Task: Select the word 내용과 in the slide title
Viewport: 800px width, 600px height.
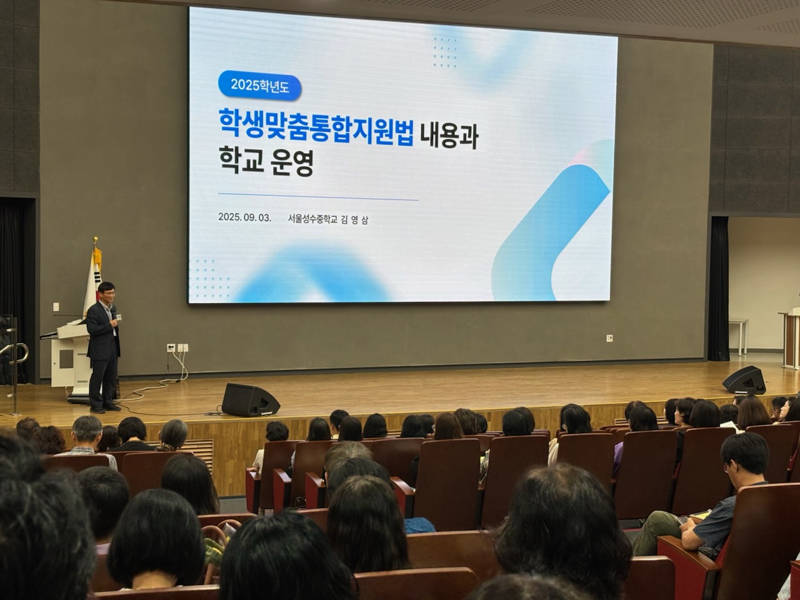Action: tap(449, 136)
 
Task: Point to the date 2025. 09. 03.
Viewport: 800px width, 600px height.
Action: tap(244, 218)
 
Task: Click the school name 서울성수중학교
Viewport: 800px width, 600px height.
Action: tap(312, 219)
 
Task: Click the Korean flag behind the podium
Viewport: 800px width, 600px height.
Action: tap(93, 281)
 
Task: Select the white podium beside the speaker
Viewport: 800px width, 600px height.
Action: tap(66, 356)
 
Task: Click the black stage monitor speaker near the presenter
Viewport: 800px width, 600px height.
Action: tap(249, 399)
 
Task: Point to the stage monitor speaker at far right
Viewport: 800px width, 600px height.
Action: tap(744, 379)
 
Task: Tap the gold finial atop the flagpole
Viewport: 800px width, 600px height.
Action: tap(96, 240)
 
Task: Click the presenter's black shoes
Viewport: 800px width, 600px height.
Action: tap(105, 409)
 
